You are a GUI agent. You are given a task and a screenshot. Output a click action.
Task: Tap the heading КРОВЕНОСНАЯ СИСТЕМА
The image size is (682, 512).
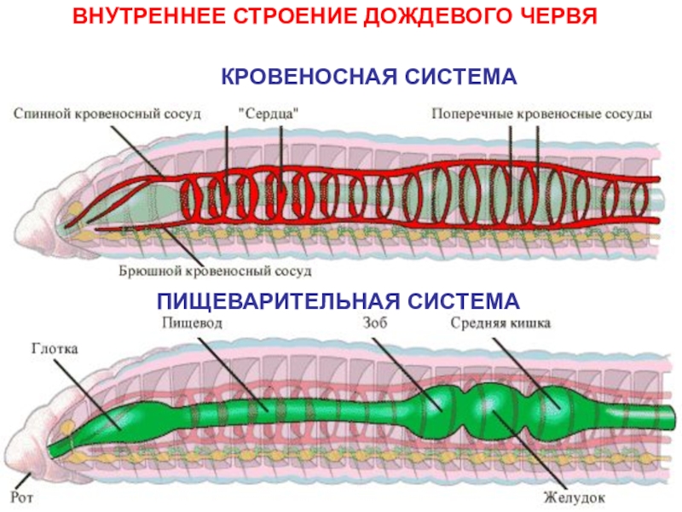pyautogui.click(x=369, y=77)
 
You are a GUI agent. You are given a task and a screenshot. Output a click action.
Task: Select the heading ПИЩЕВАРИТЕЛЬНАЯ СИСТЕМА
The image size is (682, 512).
pyautogui.click(x=338, y=301)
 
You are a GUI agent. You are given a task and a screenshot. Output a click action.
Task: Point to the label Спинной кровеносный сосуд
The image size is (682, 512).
pyautogui.click(x=107, y=113)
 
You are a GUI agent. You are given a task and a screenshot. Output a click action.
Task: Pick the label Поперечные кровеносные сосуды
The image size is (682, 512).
pyautogui.click(x=542, y=113)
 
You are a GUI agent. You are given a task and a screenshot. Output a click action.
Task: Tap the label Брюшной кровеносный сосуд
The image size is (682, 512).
pyautogui.click(x=215, y=271)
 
